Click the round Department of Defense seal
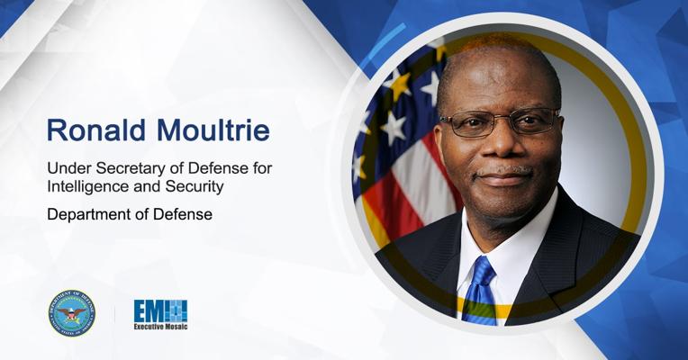72,313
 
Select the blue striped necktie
479,288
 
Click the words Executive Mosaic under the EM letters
160,328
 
